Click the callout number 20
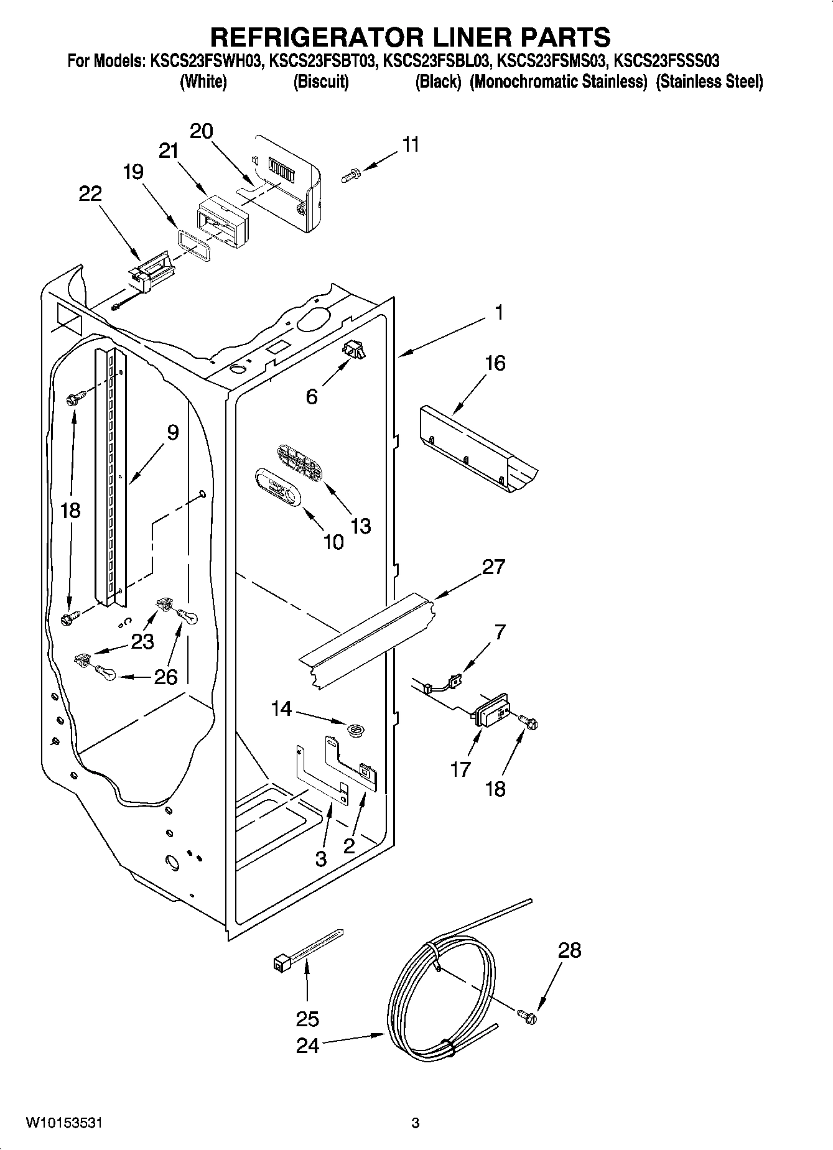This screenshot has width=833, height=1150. tap(201, 131)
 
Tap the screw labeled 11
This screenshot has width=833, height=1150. tap(350, 177)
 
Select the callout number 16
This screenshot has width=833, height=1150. tap(495, 363)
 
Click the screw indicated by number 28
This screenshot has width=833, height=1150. tap(529, 1018)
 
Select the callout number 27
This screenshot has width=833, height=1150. tap(493, 567)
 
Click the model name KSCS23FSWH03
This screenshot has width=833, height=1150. tap(200, 61)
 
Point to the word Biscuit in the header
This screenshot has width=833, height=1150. tap(320, 81)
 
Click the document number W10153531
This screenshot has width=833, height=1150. tap(64, 1123)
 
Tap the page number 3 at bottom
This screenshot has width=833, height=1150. tap(416, 1123)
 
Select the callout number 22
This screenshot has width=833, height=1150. tap(90, 193)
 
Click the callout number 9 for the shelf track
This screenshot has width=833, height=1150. tap(172, 432)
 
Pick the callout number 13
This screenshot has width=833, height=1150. tap(361, 526)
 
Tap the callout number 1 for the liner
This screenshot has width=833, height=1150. tap(499, 312)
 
